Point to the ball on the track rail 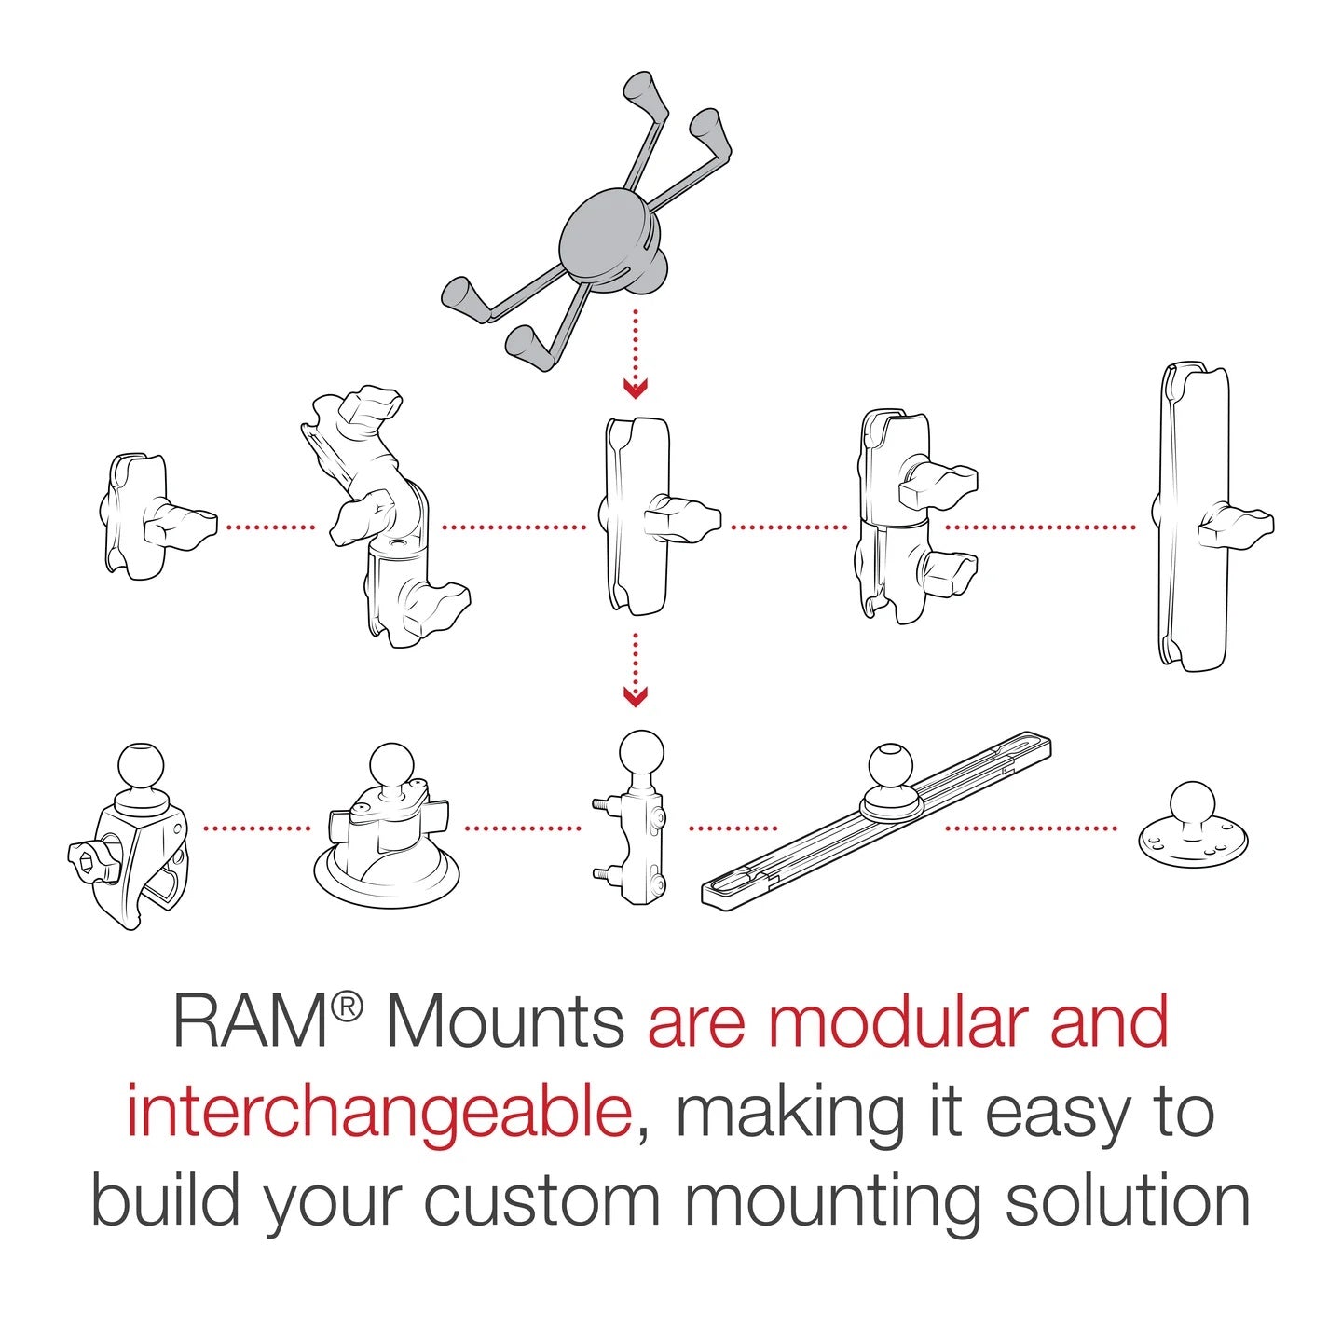(890, 768)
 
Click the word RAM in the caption (247, 1023)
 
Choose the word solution (1127, 1202)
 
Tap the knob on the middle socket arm (685, 516)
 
